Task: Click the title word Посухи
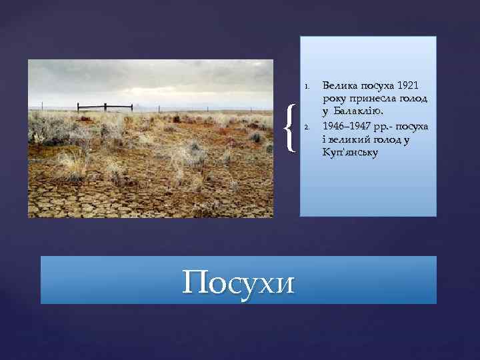tap(238, 283)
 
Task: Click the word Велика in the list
tap(340, 86)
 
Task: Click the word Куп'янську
tap(350, 153)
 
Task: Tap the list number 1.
tap(305, 87)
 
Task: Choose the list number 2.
tap(305, 127)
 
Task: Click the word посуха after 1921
tap(377, 86)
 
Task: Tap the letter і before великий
tap(325, 139)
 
